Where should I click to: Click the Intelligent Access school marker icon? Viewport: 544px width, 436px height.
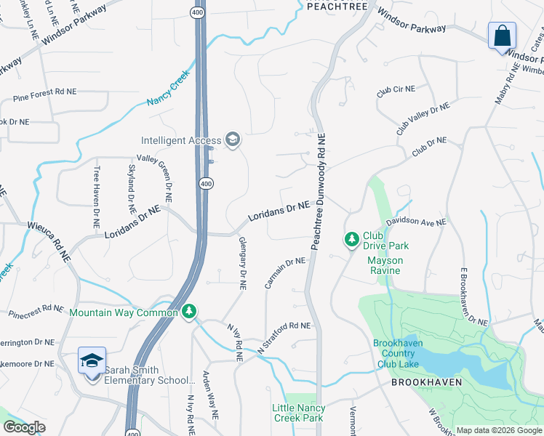pyautogui.click(x=233, y=139)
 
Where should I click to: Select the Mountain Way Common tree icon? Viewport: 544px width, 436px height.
pyautogui.click(x=189, y=312)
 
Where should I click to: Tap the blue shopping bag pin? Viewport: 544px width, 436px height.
pyautogui.click(x=502, y=36)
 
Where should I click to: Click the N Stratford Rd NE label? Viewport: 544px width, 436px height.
pyautogui.click(x=284, y=339)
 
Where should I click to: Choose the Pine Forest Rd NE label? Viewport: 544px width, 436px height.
pyautogui.click(x=44, y=95)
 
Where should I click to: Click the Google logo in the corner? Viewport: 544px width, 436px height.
pyautogui.click(x=24, y=428)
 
